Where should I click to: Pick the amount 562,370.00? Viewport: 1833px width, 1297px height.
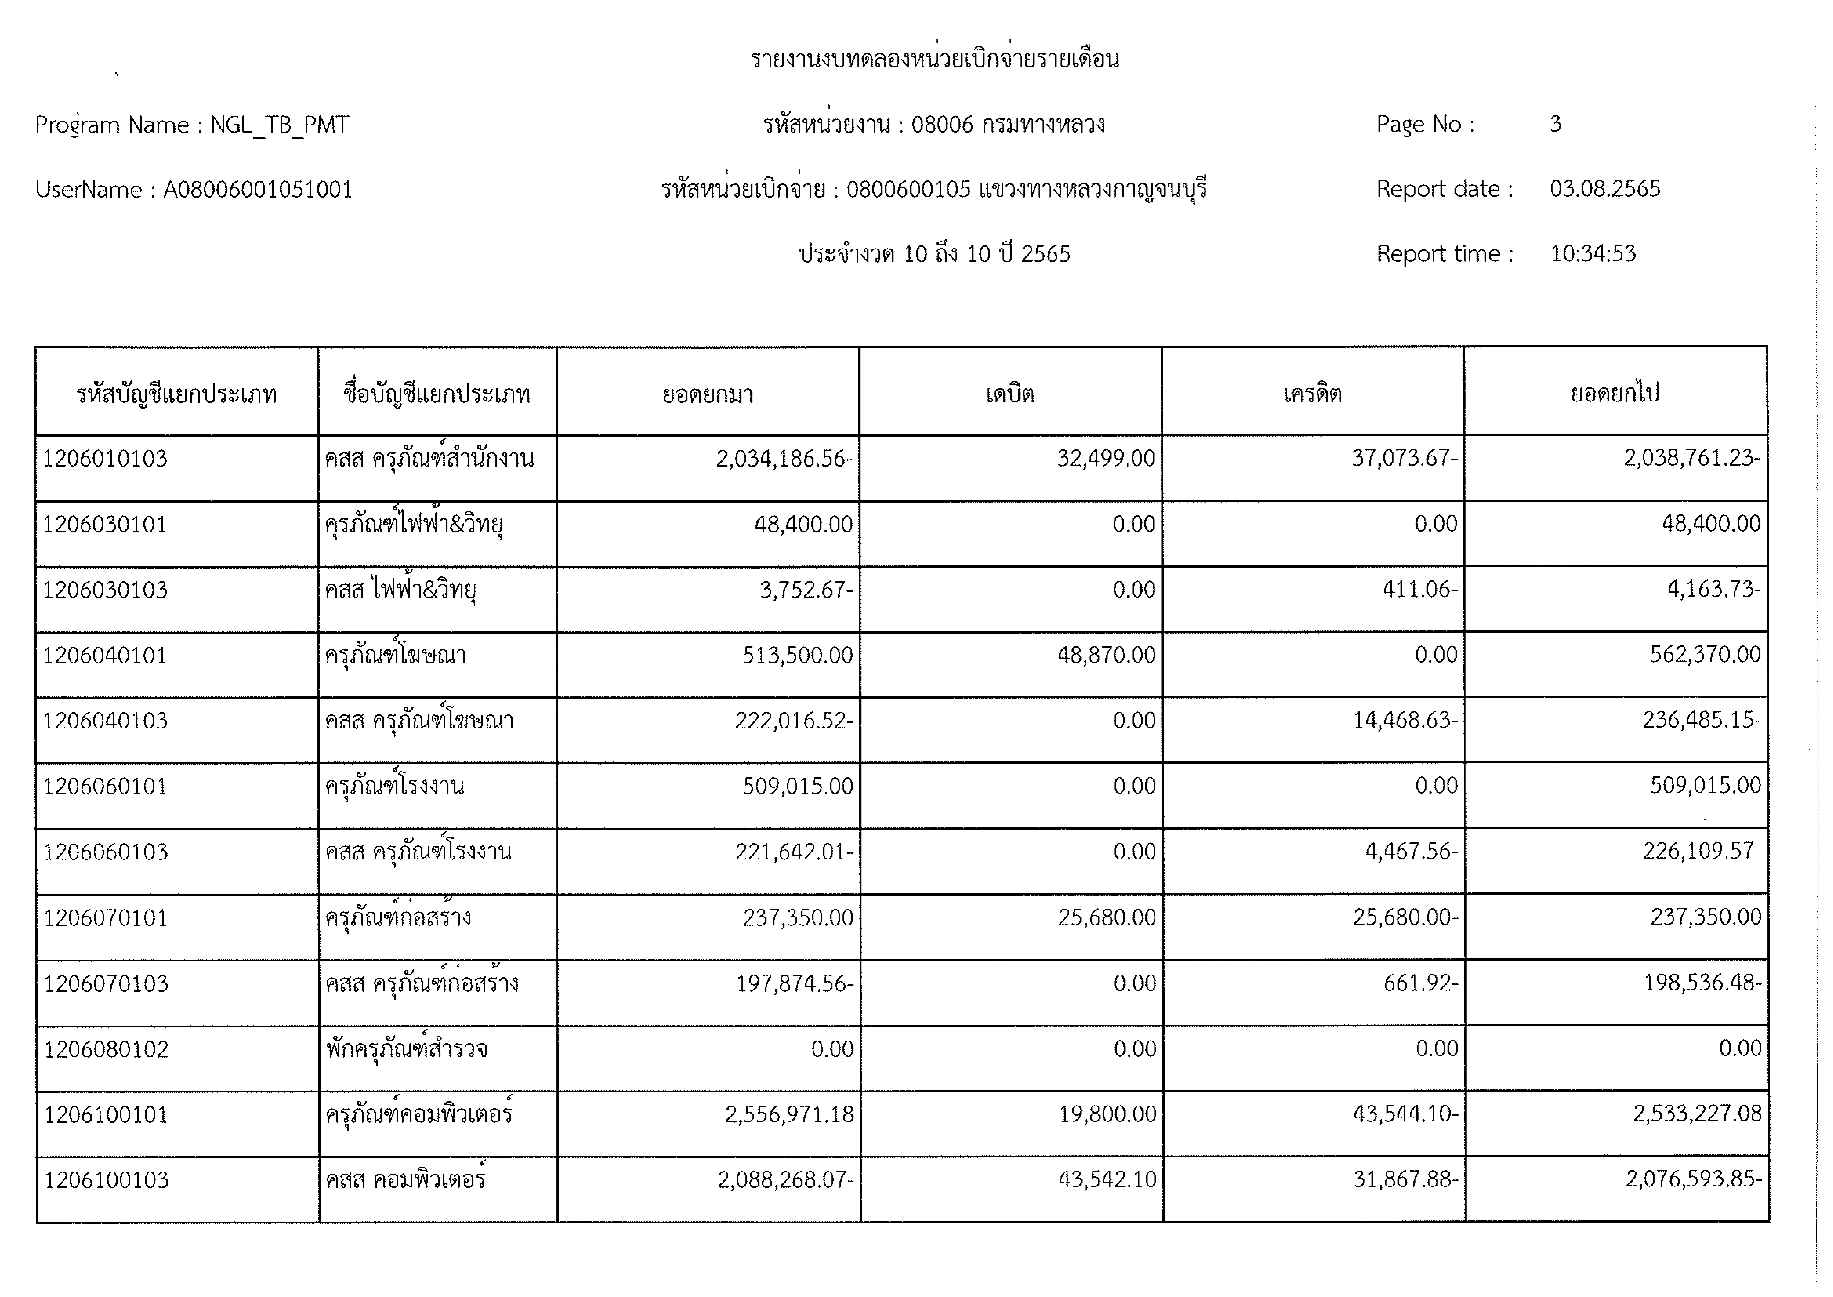click(x=1705, y=655)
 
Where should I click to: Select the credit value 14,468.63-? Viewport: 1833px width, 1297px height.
click(x=1405, y=720)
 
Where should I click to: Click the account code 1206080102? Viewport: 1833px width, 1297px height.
click(x=106, y=1049)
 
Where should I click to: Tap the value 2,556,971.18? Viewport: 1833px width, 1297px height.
click(x=789, y=1114)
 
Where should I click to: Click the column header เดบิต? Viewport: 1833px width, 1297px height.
click(x=1010, y=394)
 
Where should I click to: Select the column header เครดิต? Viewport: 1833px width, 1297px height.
click(x=1312, y=394)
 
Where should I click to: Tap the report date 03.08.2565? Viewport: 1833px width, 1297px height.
click(x=1605, y=189)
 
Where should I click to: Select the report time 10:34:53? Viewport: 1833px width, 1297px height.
click(x=1593, y=254)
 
